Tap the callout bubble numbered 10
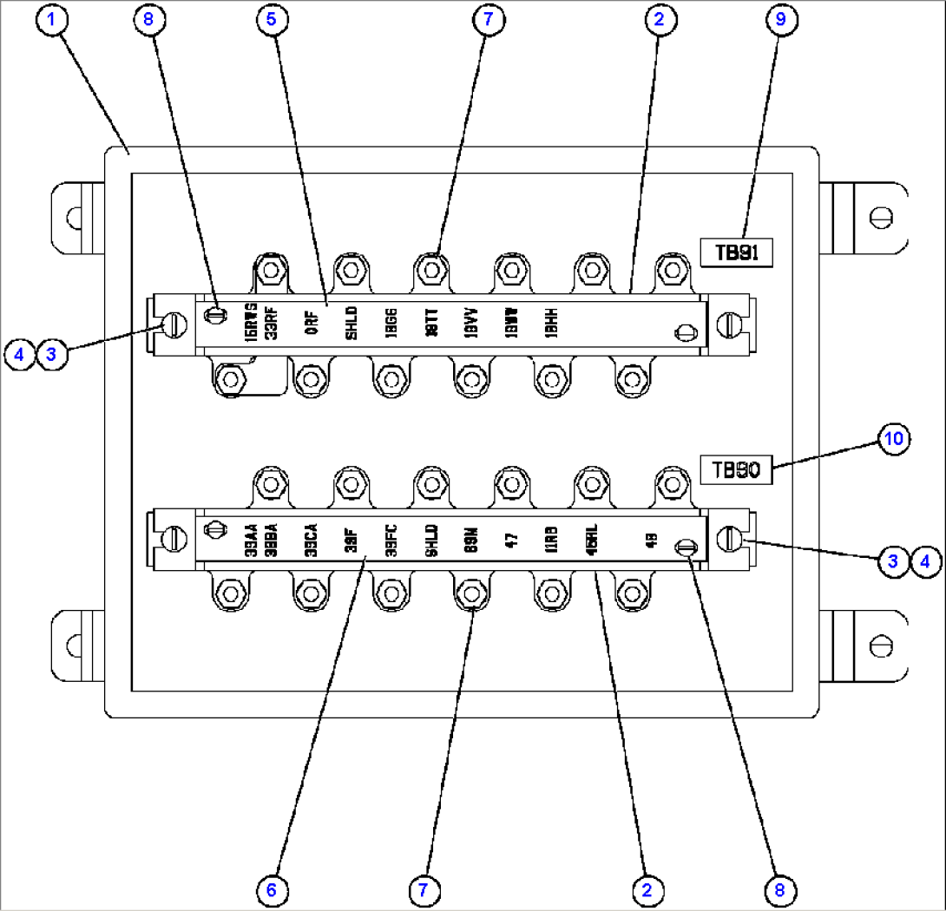(x=893, y=439)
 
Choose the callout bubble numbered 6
(x=272, y=889)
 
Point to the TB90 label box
(x=737, y=470)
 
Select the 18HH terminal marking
(x=549, y=323)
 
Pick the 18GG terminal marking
(x=391, y=323)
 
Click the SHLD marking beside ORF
(x=351, y=323)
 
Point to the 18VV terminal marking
(x=470, y=323)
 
